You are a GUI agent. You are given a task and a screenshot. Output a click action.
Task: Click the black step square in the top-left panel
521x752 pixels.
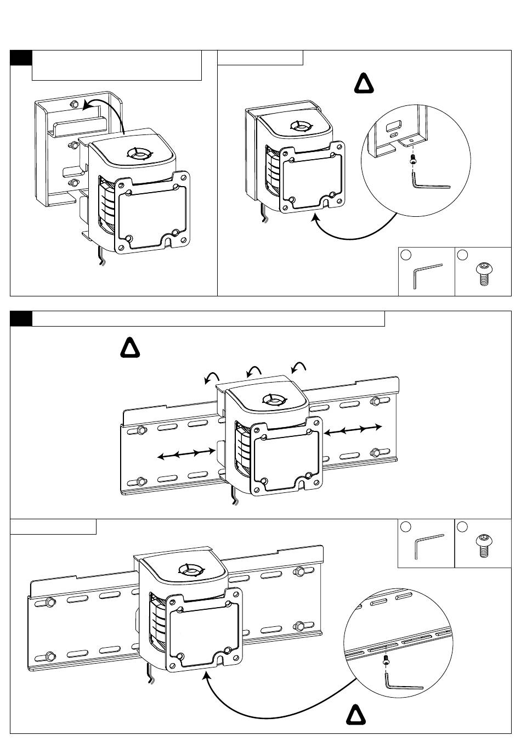[21, 58]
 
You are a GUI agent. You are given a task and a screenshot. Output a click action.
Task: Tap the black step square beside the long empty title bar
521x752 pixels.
[21, 318]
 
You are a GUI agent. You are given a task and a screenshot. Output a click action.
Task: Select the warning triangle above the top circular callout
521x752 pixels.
[363, 83]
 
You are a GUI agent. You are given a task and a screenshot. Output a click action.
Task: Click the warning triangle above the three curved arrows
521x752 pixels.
[130, 350]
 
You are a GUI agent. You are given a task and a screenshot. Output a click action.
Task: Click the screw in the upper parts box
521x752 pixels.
[483, 273]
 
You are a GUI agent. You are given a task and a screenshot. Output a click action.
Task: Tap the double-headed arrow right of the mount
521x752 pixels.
[353, 429]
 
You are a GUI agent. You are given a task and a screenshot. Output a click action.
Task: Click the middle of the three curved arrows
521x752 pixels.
[253, 371]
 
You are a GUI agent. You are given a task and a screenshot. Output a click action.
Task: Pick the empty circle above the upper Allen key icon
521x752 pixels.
[406, 255]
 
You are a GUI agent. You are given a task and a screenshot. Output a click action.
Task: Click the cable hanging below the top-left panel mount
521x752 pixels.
[101, 257]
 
